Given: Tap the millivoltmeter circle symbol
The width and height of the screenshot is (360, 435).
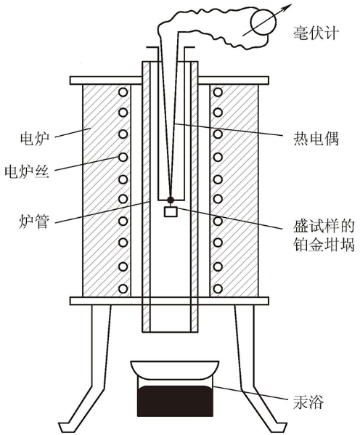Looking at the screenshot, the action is [263, 23].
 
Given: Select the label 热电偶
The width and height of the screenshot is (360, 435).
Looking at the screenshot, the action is [316, 138].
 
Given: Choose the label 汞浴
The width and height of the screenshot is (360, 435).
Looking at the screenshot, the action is [308, 401].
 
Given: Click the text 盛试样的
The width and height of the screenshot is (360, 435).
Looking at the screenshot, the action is [324, 226].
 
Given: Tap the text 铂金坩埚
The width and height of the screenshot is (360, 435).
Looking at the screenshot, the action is [324, 245].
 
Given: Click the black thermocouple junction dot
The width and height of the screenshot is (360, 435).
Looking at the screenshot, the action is [171, 200].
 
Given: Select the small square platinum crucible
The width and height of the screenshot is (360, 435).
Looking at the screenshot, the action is [171, 211].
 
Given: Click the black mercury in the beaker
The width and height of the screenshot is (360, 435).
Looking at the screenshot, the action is [176, 401].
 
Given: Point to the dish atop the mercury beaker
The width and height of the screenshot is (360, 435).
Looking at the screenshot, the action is [175, 369].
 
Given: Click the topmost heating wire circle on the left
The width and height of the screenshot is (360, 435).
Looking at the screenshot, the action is [123, 92].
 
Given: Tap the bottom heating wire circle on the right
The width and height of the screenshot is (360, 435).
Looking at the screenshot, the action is [218, 288].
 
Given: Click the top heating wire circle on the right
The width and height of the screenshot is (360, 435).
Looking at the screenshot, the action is [218, 92].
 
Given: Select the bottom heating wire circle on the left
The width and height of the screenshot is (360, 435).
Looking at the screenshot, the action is [123, 288].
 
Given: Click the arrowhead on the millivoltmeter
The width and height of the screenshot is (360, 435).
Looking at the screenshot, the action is [288, 7].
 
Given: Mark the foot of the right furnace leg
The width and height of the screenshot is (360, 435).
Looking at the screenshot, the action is [279, 426].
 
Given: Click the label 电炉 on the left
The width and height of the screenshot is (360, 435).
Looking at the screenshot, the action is [34, 138].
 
